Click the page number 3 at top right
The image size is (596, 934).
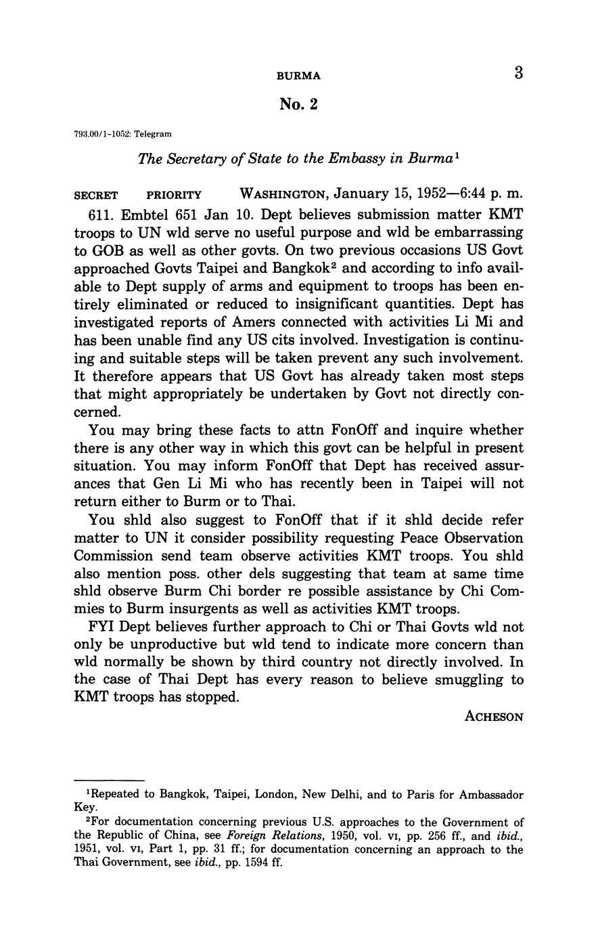pyautogui.click(x=518, y=73)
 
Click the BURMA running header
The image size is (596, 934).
pyautogui.click(x=298, y=76)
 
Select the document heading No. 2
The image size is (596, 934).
pyautogui.click(x=298, y=104)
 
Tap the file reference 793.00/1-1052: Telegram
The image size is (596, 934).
pyautogui.click(x=122, y=135)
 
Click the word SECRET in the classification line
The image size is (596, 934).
pyautogui.click(x=95, y=196)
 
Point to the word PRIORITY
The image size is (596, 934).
pyautogui.click(x=174, y=196)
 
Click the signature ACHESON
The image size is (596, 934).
pyautogui.click(x=494, y=717)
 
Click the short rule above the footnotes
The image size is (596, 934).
pyautogui.click(x=109, y=780)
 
